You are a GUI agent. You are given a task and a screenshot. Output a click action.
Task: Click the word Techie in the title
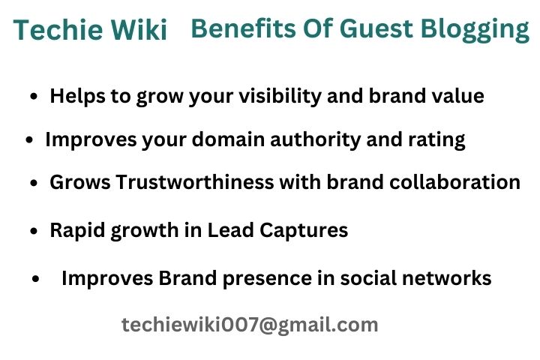[58, 29]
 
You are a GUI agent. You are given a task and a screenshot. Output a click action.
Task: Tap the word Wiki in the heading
[139, 29]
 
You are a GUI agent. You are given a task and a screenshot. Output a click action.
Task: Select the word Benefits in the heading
[244, 28]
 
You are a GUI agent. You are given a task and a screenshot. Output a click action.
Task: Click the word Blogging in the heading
[475, 30]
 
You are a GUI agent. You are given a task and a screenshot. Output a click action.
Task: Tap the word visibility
[280, 96]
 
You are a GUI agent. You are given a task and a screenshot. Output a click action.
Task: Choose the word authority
[315, 140]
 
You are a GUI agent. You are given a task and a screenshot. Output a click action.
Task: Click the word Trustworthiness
[194, 181]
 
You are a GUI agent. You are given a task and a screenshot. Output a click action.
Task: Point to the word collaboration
[455, 181]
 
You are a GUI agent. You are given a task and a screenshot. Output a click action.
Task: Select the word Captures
[304, 230]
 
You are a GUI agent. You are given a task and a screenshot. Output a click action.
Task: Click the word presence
[267, 278]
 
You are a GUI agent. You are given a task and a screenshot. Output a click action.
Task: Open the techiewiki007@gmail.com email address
[250, 325]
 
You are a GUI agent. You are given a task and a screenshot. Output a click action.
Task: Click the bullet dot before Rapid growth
[34, 230]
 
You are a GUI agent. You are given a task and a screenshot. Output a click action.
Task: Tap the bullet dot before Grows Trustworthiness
[34, 182]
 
